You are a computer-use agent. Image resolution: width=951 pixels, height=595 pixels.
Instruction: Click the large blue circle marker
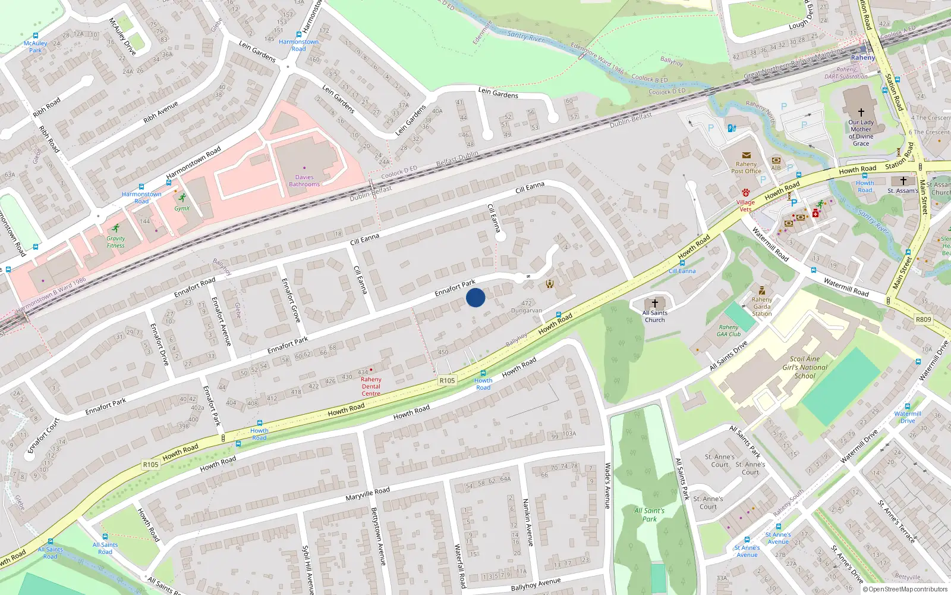pos(475,297)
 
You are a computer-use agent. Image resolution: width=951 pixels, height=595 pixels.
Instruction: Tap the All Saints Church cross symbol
pos(654,303)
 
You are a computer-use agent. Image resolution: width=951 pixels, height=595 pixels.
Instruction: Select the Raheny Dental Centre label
pos(371,386)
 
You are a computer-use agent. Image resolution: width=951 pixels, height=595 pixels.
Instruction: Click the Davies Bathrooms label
pos(304,181)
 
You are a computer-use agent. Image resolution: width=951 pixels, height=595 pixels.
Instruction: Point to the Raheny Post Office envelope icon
pos(747,155)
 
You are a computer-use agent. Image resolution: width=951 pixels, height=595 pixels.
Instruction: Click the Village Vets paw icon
pos(745,193)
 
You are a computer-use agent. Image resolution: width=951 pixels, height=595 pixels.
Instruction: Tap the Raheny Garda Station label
pos(761,306)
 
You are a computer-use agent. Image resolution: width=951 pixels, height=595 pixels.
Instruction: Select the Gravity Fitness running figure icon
pos(116,228)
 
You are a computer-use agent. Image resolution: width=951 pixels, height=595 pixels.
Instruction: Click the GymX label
pos(182,209)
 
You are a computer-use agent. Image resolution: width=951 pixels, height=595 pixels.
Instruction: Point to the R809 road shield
pos(923,320)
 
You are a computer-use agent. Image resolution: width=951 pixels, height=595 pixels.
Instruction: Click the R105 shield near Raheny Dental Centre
pos(447,381)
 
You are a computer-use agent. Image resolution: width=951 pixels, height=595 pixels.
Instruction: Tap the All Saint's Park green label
pos(649,515)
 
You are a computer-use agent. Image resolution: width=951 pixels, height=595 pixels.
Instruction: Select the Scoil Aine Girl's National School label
pos(805,367)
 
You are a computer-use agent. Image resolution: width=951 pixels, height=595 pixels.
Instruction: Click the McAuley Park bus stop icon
pos(36,36)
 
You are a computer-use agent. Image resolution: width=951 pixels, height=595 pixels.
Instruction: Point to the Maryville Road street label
pos(367,494)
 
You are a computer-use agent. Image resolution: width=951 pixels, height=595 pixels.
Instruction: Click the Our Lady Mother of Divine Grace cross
pos(861,112)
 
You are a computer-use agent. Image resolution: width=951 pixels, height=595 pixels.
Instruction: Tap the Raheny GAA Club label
pos(729,330)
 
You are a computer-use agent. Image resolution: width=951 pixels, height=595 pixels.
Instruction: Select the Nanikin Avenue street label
pos(527,522)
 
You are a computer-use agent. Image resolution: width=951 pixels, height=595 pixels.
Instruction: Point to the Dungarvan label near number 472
pos(526,311)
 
